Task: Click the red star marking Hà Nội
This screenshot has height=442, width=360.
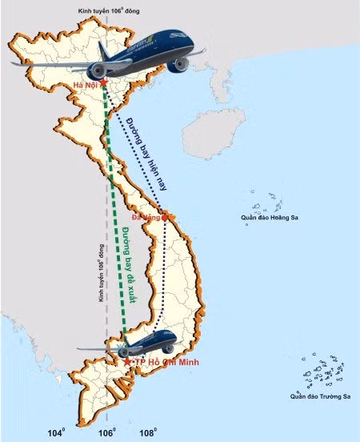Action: pos(103,82)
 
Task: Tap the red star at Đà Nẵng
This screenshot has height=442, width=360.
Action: pos(165,215)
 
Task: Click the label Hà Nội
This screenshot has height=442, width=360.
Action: pos(84,85)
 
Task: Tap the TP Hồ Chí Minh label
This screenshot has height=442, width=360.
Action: pos(166,363)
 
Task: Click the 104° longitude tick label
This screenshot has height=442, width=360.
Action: pos(56,433)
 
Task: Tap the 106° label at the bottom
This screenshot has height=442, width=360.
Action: pos(107,433)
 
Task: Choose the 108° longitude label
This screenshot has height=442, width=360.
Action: pos(148,433)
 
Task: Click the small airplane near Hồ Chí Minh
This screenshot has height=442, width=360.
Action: pos(136,345)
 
